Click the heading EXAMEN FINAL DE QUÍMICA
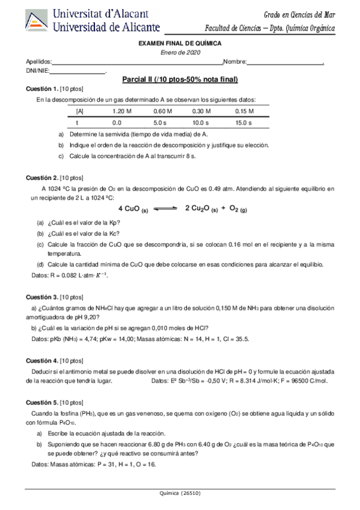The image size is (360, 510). [x=180, y=44]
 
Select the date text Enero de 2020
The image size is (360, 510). [x=180, y=52]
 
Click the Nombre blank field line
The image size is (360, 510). [x=285, y=63]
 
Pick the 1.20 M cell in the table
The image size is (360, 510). [x=121, y=111]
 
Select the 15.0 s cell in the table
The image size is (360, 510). [x=243, y=122]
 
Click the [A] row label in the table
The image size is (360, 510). [x=80, y=111]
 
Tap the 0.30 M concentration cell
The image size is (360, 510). [x=202, y=111]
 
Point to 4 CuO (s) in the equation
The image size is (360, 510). [x=133, y=209]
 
